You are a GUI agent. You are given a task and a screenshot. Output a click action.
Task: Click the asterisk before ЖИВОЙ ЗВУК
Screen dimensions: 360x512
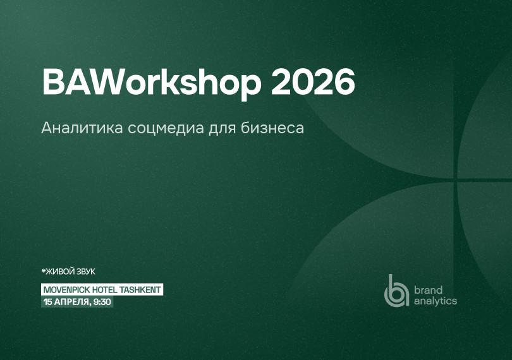point(44,272)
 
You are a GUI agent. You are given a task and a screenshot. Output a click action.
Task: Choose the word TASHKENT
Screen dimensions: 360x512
point(142,289)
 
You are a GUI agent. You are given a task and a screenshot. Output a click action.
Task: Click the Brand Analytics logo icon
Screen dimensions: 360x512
point(396,291)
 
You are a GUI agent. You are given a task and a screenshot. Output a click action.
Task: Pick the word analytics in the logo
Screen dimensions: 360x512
point(435,301)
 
